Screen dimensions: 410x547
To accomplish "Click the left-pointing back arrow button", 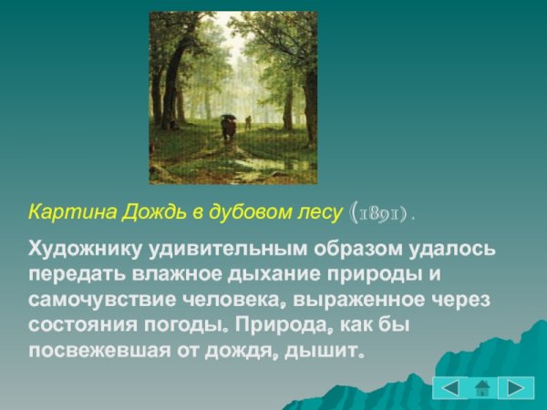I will point(449,387).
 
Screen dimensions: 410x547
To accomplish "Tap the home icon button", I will point(483,388).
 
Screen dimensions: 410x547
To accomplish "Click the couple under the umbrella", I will point(228,127).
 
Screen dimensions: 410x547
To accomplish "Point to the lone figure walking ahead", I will point(247,122).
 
